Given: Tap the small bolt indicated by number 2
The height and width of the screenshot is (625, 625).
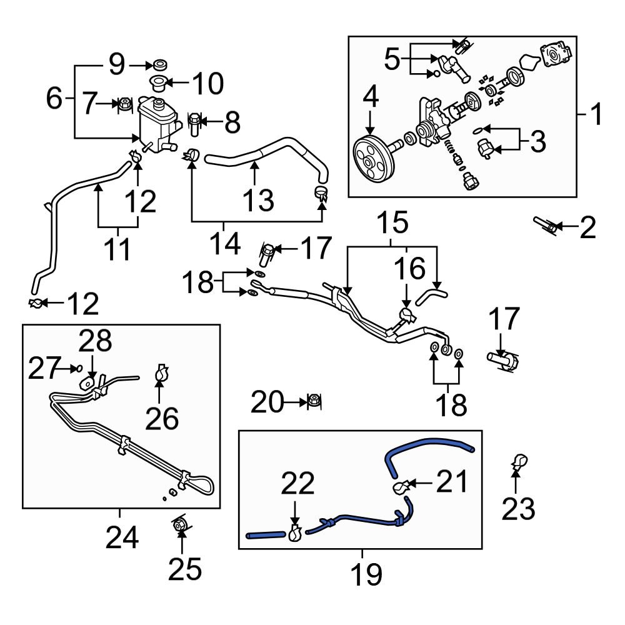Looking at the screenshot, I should [546, 226].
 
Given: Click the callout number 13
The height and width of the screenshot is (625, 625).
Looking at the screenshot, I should [257, 200].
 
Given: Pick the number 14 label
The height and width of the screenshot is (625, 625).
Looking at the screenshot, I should [224, 244].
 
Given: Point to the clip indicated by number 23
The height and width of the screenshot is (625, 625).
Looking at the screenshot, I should [517, 463].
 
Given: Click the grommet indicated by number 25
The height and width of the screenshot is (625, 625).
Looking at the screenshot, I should [180, 526].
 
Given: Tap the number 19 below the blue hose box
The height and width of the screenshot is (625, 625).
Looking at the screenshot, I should [366, 574].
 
